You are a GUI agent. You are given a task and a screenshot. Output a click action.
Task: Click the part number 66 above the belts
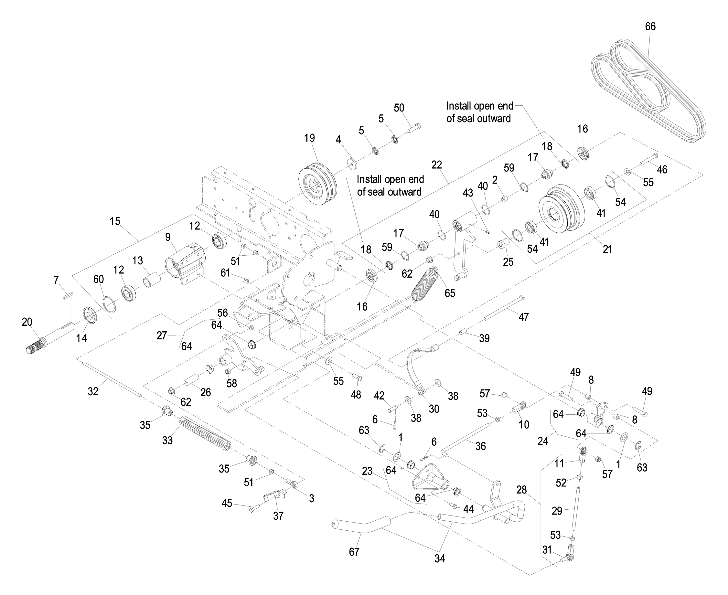[650, 27]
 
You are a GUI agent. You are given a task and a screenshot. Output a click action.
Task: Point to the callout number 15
[115, 221]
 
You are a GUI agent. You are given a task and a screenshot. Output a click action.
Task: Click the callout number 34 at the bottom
[440, 558]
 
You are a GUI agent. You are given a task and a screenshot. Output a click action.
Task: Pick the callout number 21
[607, 249]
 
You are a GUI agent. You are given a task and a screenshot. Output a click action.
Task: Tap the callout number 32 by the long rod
[93, 391]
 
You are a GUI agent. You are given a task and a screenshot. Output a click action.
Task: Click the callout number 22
[436, 165]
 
